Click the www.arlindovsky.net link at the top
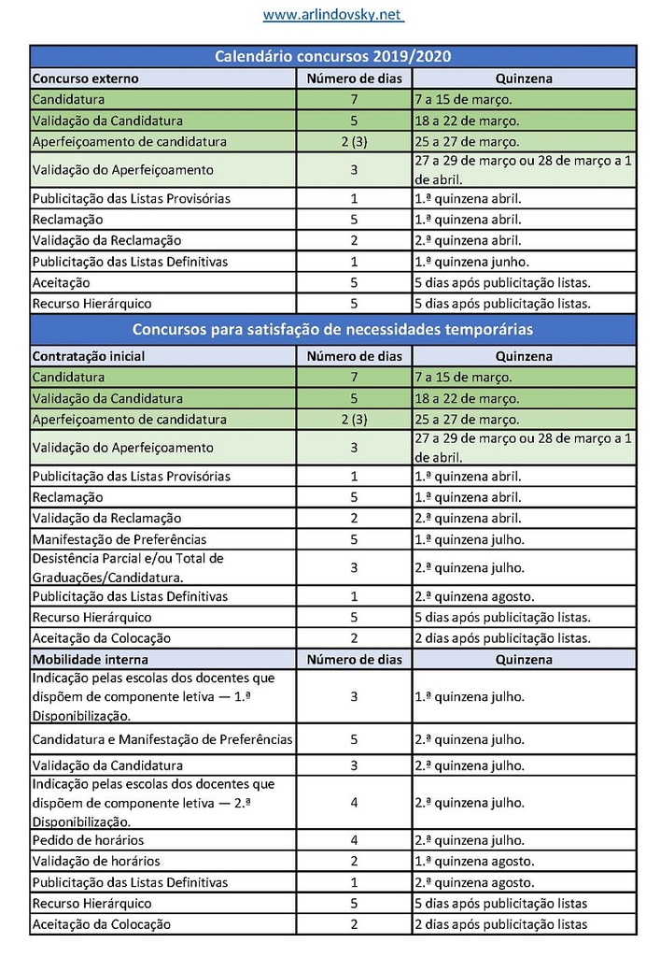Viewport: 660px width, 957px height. tap(332, 15)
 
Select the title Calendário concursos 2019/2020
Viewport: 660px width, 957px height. tap(332, 57)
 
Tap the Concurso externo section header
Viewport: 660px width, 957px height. tap(85, 79)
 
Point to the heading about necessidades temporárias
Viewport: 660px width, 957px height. tap(332, 330)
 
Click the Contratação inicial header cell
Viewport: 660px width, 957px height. tap(89, 356)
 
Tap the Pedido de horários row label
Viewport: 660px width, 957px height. tap(88, 840)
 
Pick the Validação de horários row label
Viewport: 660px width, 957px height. tap(96, 861)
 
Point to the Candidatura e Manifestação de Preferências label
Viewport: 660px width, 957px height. tap(162, 739)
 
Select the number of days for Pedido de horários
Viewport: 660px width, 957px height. tap(354, 840)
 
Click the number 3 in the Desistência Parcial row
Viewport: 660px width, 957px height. tap(354, 567)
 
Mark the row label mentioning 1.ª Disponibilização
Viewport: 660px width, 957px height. tap(154, 696)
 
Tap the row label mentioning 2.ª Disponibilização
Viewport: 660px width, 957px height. tap(154, 802)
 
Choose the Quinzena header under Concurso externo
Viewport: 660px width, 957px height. tap(524, 79)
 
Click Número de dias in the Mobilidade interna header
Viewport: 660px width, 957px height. tap(355, 659)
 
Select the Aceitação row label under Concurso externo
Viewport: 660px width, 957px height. tap(61, 282)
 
